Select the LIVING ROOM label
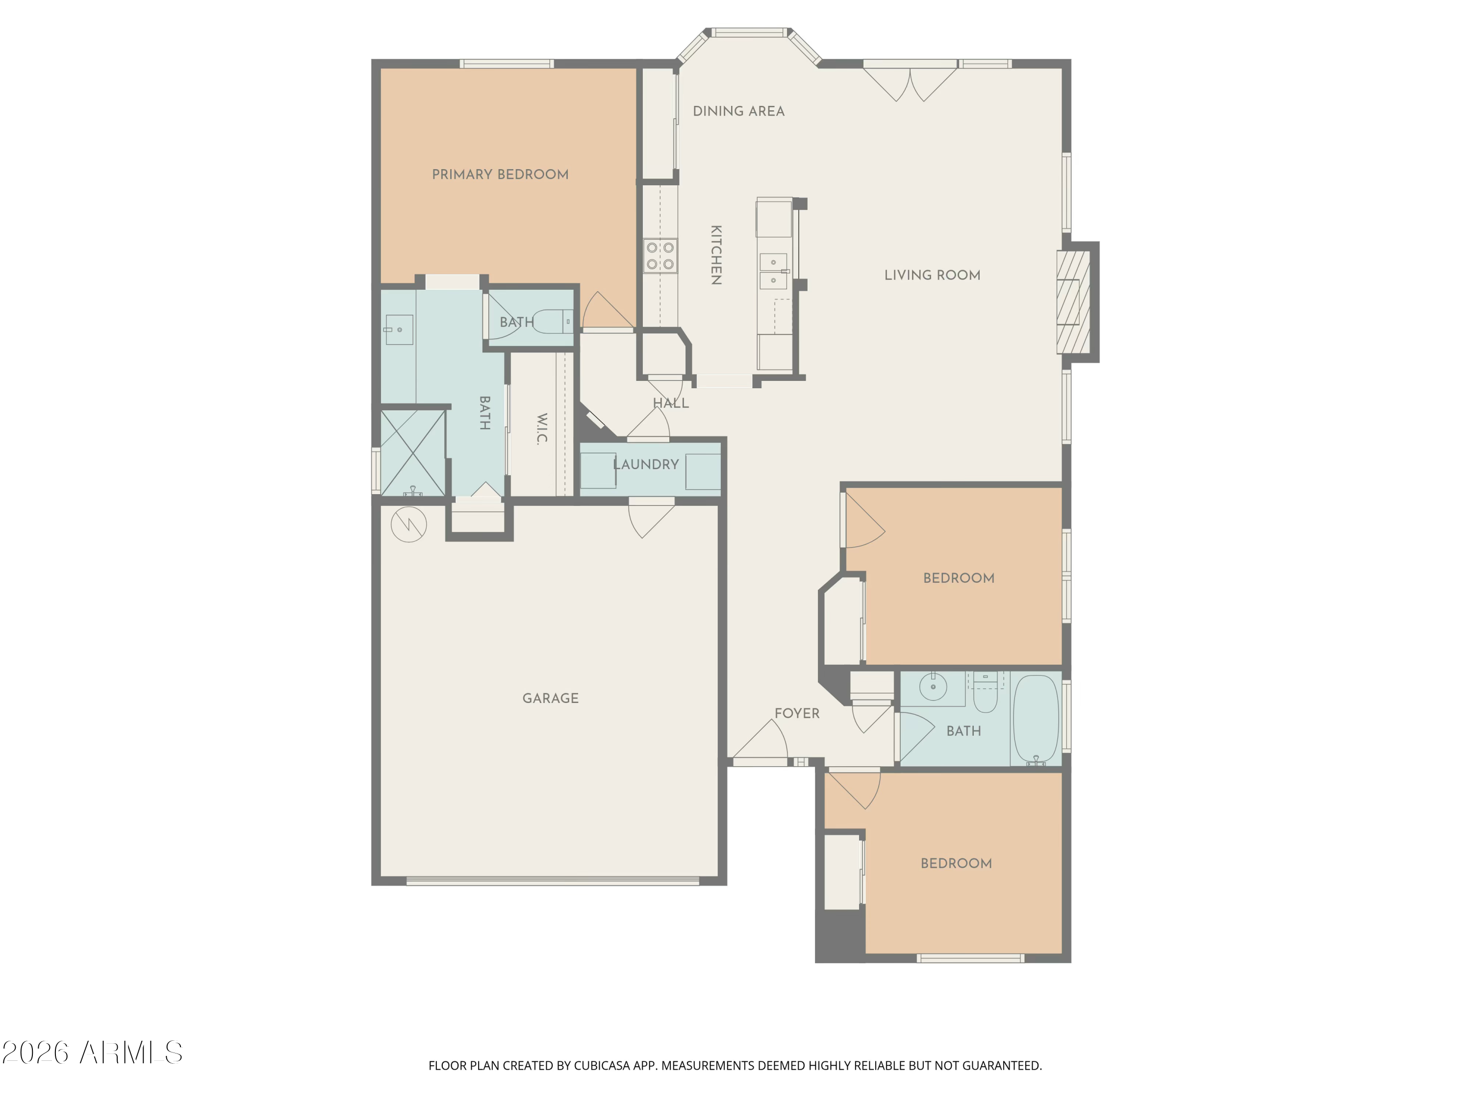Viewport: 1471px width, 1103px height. point(932,275)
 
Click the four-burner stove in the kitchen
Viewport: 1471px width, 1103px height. point(660,256)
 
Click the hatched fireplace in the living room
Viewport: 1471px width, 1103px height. point(1073,302)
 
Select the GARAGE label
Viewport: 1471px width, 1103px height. point(551,699)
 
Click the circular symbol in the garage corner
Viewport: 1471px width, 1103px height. point(408,525)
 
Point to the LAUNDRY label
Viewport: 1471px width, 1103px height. point(646,465)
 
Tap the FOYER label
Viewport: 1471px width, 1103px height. point(797,713)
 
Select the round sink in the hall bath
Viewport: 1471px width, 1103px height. point(933,687)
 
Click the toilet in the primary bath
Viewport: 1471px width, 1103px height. point(553,322)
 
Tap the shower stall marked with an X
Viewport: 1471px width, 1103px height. point(412,453)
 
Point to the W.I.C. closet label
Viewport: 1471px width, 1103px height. point(542,429)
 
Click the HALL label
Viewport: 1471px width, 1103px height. point(670,403)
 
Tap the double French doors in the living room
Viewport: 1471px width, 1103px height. point(910,82)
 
